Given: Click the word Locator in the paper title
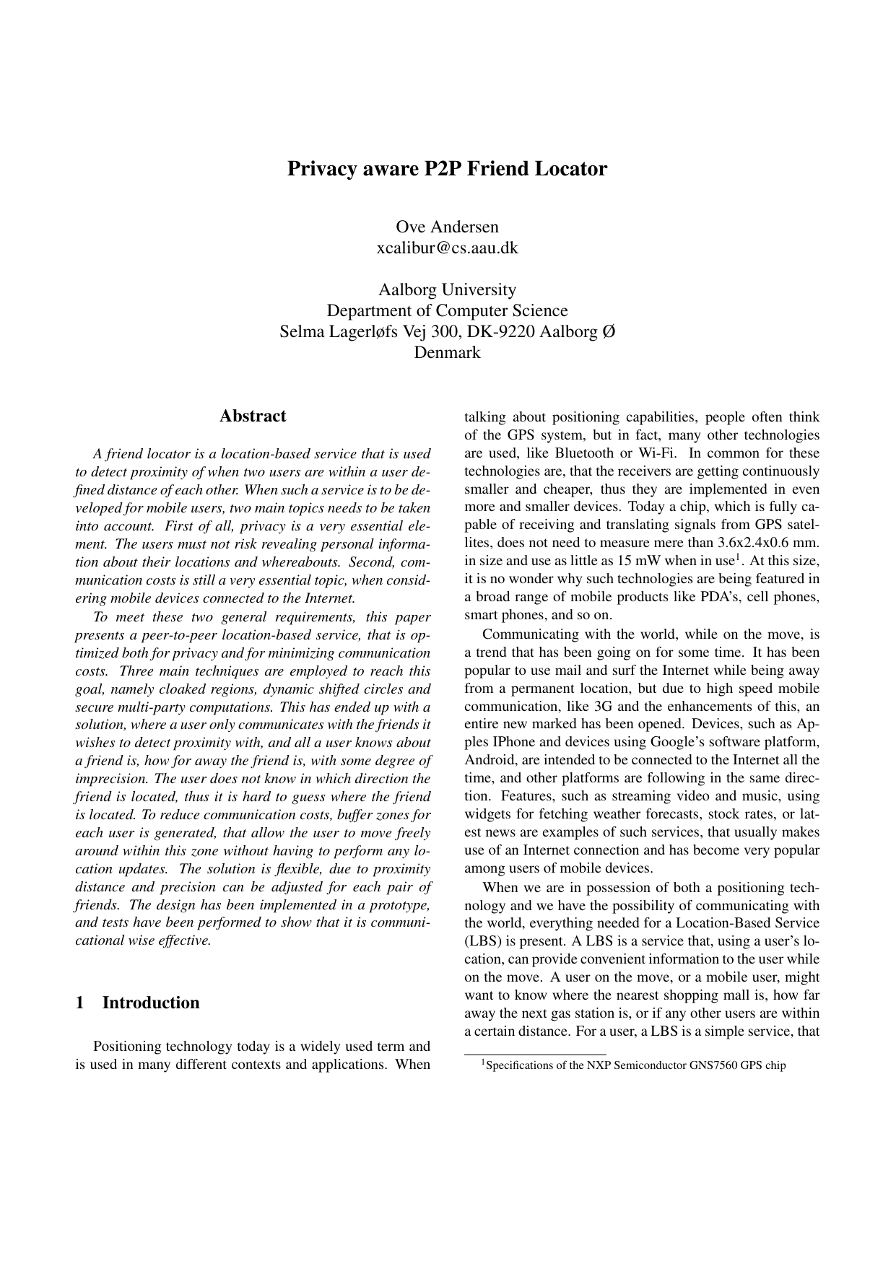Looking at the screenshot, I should [x=570, y=169].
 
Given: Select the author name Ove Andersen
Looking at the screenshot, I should [x=447, y=227].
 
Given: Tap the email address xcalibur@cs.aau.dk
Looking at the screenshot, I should [x=447, y=248].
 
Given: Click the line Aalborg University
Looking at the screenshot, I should [x=447, y=289].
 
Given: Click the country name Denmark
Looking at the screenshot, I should [x=447, y=353].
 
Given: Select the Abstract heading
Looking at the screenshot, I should [x=253, y=416].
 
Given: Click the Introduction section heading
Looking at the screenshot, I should [x=151, y=1003].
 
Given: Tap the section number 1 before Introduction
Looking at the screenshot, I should [x=79, y=1003].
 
